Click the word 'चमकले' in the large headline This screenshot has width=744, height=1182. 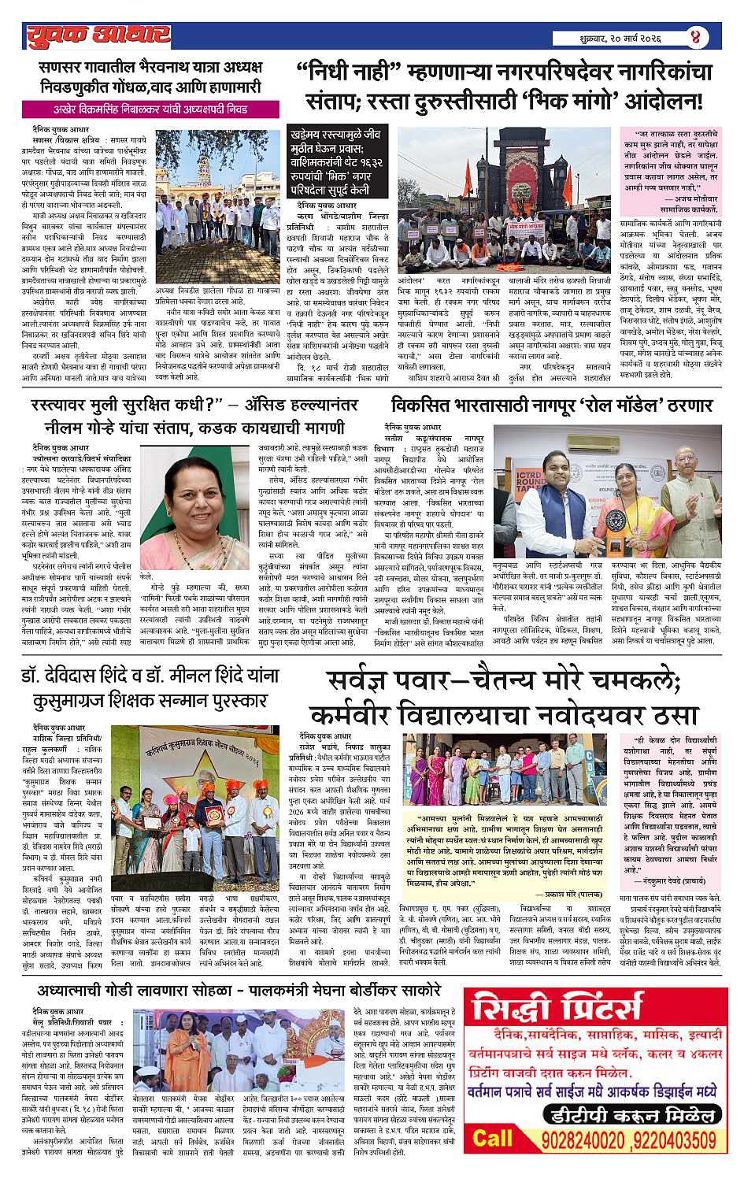pyautogui.click(x=631, y=680)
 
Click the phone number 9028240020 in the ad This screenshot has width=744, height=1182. pyautogui.click(x=575, y=1140)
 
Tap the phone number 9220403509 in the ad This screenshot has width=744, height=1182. pyautogui.click(x=672, y=1140)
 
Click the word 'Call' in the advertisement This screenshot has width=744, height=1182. pyautogui.click(x=492, y=1139)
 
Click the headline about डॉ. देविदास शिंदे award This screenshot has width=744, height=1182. pyautogui.click(x=150, y=687)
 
